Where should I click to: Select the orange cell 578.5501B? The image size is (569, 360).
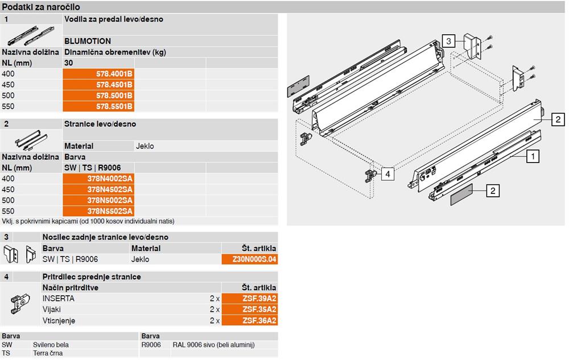[x=98, y=106]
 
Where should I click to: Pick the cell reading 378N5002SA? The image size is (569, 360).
[x=98, y=201]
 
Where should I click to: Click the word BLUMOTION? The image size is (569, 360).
[x=88, y=42]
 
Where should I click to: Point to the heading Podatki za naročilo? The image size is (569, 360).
[x=41, y=7]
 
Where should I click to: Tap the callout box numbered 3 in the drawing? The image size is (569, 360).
[x=448, y=41]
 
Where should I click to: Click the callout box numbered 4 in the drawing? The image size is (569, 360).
[x=387, y=174]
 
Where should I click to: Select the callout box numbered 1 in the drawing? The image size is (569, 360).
[x=533, y=156]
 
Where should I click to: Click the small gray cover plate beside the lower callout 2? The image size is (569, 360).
[x=461, y=195]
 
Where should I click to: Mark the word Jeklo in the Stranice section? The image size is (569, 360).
[x=145, y=146]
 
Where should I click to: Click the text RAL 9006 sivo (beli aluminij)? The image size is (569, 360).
[x=214, y=345]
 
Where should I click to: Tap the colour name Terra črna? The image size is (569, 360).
[x=48, y=353]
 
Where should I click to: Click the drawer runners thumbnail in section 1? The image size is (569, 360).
[x=31, y=35]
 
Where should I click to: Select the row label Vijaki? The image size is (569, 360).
[x=52, y=309]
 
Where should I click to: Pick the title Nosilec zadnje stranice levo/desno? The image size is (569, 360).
[x=105, y=237]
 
